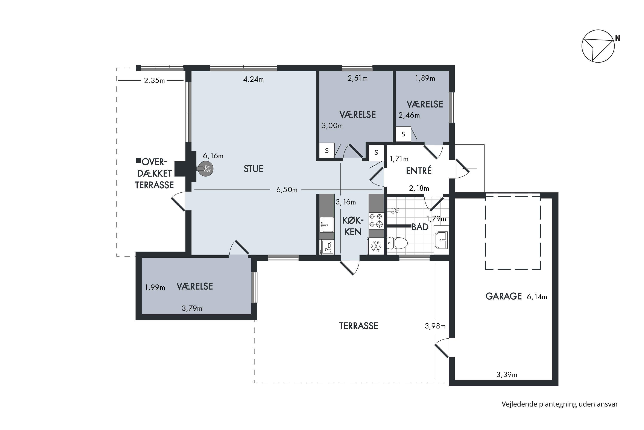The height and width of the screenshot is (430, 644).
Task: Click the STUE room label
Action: pyautogui.click(x=253, y=169)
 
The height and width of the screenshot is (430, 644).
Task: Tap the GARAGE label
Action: pyautogui.click(x=504, y=296)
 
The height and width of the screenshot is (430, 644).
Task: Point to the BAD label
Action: pyautogui.click(x=420, y=227)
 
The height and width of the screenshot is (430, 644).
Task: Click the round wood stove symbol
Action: pyautogui.click(x=206, y=169)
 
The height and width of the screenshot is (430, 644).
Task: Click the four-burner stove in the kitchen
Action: pyautogui.click(x=376, y=221)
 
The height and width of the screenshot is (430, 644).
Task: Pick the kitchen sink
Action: pyautogui.click(x=327, y=225)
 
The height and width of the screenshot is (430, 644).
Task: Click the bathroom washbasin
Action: pyautogui.click(x=441, y=240)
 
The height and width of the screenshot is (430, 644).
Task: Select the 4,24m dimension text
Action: pyautogui.click(x=254, y=79)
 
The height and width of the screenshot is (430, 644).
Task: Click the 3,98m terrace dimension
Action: pyautogui.click(x=435, y=326)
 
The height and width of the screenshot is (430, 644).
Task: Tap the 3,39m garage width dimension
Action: pyautogui.click(x=507, y=375)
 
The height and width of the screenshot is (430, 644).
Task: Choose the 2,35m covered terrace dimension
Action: pyautogui.click(x=154, y=81)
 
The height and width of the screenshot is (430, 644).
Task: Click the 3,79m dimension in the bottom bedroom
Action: pyautogui.click(x=192, y=309)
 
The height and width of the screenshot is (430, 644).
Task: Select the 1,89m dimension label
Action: pyautogui.click(x=425, y=78)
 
